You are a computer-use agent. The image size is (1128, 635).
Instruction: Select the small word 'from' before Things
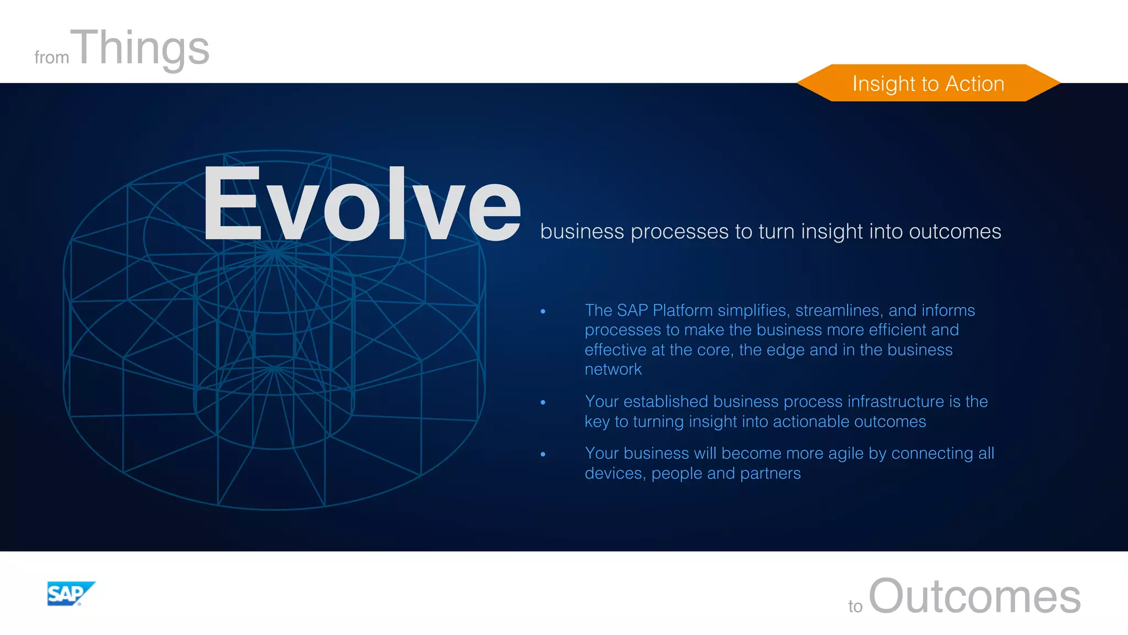click(x=51, y=57)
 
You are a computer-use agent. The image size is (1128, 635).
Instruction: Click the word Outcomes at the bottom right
click(x=974, y=596)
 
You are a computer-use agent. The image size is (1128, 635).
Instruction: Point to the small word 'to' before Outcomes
click(x=855, y=606)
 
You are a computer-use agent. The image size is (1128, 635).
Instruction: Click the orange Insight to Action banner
click(x=928, y=83)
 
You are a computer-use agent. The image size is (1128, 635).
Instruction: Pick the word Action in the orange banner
click(x=974, y=84)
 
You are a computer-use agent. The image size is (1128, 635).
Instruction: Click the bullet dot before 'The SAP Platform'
click(x=543, y=311)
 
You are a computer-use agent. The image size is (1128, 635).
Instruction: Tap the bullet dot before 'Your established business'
click(x=543, y=402)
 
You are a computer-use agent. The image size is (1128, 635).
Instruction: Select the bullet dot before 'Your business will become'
click(x=543, y=454)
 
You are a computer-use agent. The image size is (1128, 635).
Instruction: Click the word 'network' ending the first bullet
click(x=613, y=369)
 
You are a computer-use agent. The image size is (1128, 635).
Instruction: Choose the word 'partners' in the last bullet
click(x=770, y=473)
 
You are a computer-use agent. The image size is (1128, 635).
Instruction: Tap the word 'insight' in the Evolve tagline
click(x=832, y=232)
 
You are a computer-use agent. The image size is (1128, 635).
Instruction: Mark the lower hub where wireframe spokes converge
click(x=274, y=368)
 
